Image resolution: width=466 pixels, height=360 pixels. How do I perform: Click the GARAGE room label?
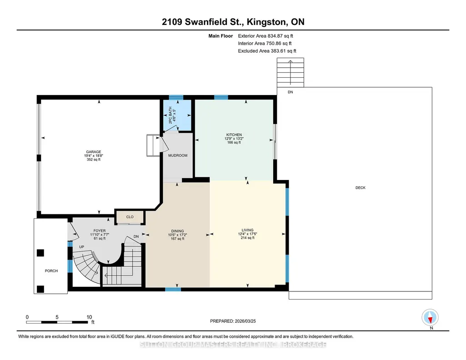94,152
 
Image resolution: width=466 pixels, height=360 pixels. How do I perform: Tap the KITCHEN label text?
234,135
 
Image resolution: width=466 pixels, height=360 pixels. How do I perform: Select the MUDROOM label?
178,155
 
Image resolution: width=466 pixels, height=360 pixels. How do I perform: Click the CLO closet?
130,217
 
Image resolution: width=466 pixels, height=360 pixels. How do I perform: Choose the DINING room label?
177,231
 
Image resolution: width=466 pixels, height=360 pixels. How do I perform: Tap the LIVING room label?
248,230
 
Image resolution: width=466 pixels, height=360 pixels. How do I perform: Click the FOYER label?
100,231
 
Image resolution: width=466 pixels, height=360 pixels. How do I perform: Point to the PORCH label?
51,271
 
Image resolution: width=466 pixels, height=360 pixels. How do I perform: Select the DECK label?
361,188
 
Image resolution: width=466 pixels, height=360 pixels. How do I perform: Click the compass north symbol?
430,317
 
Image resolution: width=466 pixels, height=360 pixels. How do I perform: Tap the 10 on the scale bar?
89,317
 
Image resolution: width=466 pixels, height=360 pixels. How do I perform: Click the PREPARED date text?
233,321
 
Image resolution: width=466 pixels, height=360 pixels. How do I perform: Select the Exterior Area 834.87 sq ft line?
266,36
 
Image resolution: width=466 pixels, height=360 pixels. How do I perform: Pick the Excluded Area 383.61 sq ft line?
267,51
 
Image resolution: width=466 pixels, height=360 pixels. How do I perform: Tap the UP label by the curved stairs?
81,247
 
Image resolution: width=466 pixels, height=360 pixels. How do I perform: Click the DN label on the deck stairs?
291,92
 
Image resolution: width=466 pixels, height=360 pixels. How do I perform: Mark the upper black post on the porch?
40,253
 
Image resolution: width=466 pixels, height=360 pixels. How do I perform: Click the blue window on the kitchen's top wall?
221,97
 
